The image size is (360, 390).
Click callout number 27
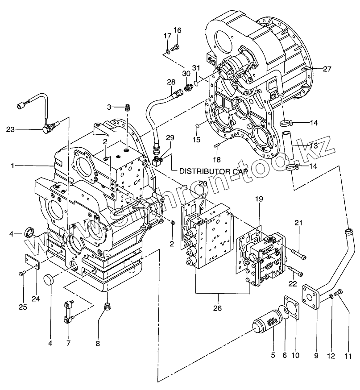[327, 69]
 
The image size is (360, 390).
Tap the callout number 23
[10, 130]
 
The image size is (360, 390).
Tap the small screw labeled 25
[21, 273]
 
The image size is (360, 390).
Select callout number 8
[98, 344]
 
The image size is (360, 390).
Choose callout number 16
[177, 30]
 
